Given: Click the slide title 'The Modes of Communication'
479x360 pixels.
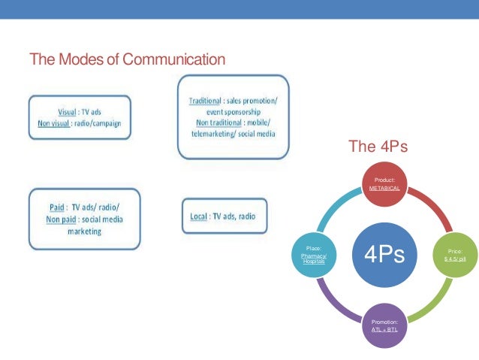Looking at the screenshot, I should (x=127, y=59).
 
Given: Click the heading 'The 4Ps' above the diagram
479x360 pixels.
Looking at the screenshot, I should (x=378, y=147).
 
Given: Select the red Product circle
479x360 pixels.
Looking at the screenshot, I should (x=384, y=185).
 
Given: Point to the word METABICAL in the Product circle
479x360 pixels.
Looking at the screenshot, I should (x=384, y=189).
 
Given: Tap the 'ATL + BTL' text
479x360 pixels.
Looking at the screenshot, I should (x=384, y=328).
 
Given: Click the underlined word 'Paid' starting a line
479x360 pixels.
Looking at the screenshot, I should (x=53, y=207).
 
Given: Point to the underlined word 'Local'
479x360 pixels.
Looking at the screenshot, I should (x=199, y=216).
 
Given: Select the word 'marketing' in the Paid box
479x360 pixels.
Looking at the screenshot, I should (x=83, y=231).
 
